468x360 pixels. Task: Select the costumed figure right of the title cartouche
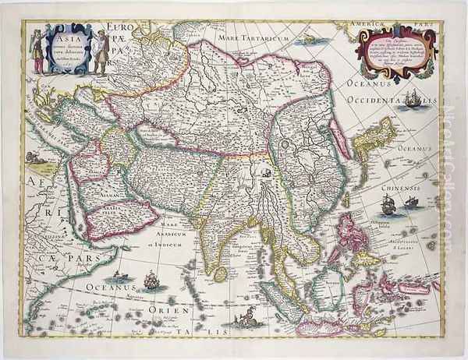(100, 51)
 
